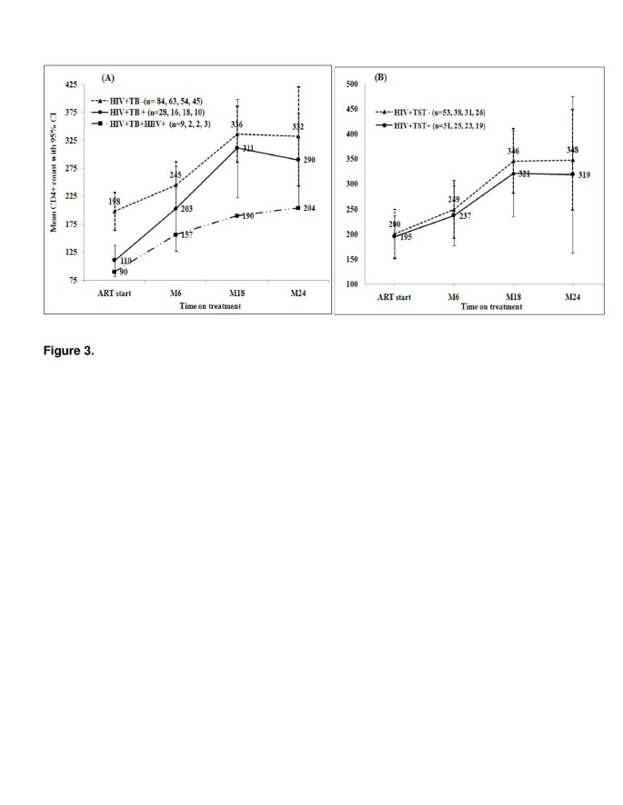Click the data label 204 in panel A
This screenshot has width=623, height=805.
[310, 208]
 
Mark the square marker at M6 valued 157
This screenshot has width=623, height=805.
[176, 234]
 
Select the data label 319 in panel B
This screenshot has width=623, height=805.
[584, 174]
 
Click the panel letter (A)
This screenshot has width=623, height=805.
[107, 79]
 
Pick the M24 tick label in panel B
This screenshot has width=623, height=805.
[572, 297]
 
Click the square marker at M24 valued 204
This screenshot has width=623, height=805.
[298, 208]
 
